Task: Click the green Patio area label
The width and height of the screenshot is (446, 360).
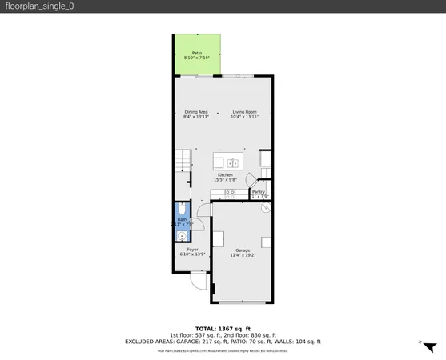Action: pos(196,54)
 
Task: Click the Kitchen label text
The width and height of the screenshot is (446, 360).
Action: pos(225,175)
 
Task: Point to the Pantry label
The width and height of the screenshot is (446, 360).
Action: pos(259,192)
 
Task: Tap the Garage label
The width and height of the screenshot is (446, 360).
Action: pos(243,251)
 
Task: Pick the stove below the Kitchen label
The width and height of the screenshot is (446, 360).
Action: pos(230,193)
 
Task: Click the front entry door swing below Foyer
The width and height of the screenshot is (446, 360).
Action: pos(198,281)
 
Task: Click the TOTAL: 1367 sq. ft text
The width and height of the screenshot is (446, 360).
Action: pos(223,329)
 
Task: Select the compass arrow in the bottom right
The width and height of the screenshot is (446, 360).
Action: pos(429,347)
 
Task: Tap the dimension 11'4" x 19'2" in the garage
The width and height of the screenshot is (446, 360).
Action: pos(243,256)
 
